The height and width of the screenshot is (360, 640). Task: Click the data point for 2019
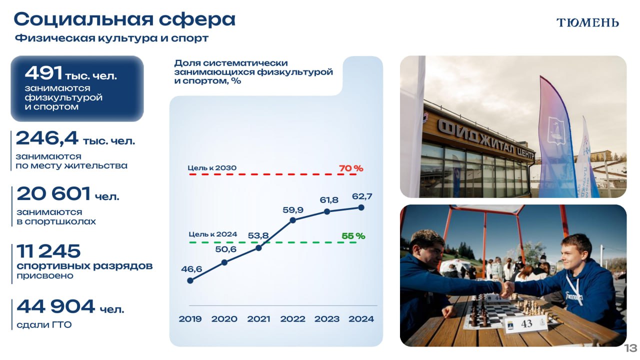coord(190,281)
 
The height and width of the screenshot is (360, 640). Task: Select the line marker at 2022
coord(292,220)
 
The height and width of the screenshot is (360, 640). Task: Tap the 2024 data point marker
coord(361,207)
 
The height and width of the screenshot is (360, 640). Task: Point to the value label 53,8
coord(258,235)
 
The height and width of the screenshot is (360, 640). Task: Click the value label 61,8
coord(329,200)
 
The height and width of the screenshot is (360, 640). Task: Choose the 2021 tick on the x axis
coord(258,319)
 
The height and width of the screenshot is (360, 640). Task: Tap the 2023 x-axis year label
coord(327,319)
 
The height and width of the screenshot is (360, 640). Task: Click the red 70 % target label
coord(351,168)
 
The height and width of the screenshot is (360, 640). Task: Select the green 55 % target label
coord(353,236)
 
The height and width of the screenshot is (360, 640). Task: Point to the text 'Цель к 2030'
coord(212,168)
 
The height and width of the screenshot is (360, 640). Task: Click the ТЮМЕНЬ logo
coord(587,22)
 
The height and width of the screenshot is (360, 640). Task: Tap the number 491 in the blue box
coord(43,73)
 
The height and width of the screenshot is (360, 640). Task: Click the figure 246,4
coord(47,138)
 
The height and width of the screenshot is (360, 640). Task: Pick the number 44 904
coord(55,306)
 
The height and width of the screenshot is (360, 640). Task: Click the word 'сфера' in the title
coord(197,19)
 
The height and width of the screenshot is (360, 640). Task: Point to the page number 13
coord(630,348)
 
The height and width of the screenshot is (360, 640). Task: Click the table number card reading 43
coord(526,324)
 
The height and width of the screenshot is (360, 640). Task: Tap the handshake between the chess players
coord(506,288)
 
